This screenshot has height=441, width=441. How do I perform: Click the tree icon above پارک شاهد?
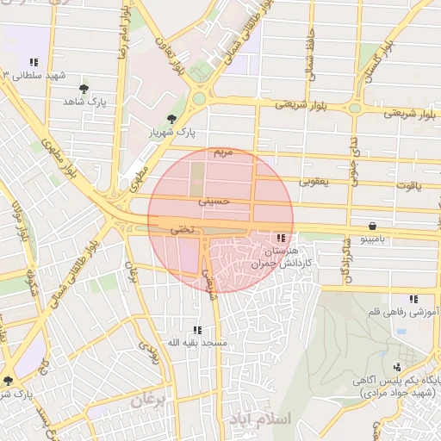[84, 89]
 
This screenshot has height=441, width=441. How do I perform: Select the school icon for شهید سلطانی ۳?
[34, 62]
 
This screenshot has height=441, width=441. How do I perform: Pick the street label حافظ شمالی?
[309, 52]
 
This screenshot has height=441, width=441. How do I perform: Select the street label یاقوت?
[406, 184]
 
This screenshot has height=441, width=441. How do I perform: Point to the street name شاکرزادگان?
[346, 258]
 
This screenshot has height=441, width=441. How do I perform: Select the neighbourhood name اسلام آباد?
[263, 419]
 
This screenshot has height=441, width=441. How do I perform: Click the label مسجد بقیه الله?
[197, 343]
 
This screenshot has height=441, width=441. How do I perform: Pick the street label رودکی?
[148, 349]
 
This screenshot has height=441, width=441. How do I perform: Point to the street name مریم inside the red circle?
[222, 152]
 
